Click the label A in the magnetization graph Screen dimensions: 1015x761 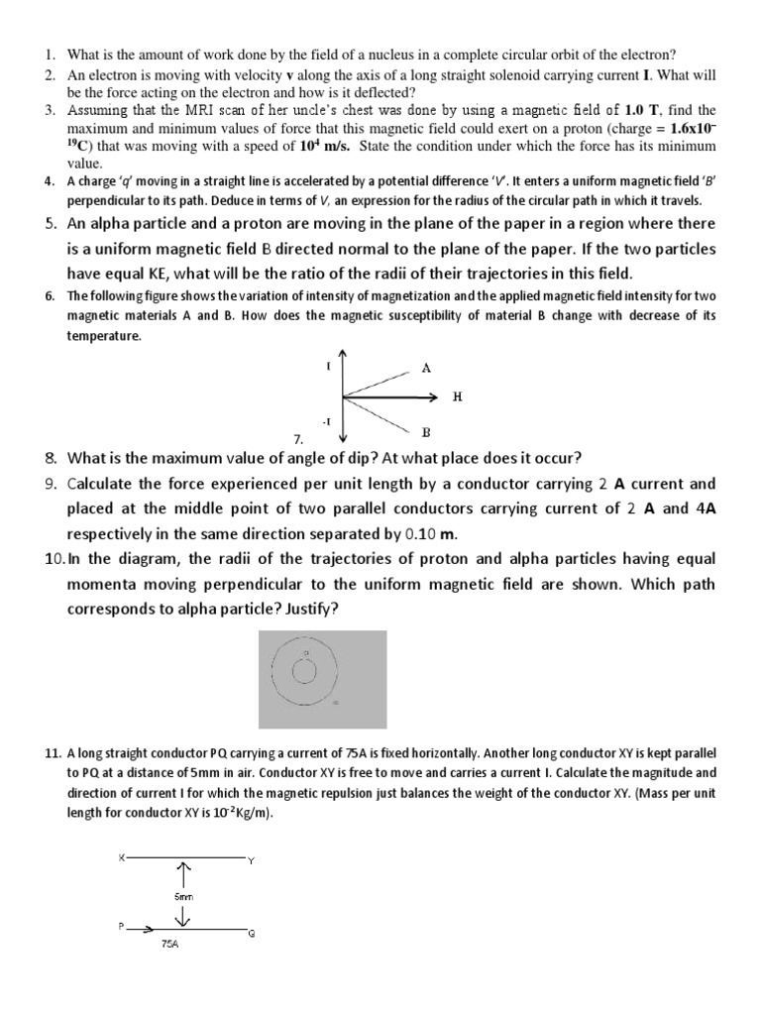426,368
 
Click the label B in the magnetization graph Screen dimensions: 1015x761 426,432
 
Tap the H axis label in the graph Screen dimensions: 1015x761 457,396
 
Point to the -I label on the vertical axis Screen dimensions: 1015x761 327,422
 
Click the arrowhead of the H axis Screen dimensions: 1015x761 432,397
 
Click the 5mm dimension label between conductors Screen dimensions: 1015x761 183,895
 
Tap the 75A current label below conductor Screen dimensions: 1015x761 169,945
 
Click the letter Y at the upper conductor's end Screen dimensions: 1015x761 251,860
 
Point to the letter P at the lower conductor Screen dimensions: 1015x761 122,926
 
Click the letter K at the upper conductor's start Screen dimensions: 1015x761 122,855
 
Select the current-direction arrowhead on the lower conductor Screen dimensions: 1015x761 149,929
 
